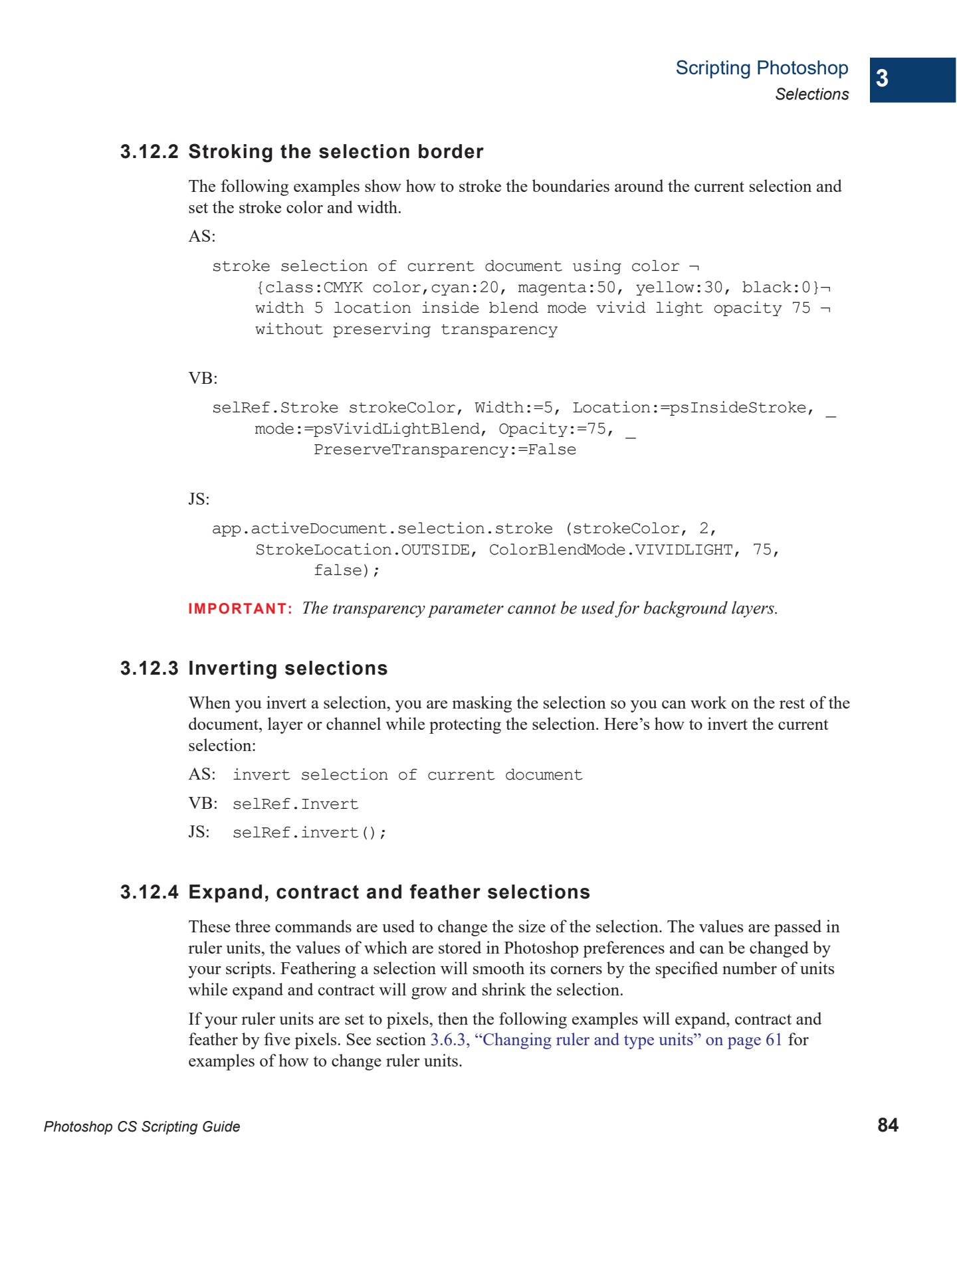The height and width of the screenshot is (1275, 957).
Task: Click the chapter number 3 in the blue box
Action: point(882,78)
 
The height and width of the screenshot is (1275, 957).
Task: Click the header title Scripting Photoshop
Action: point(762,68)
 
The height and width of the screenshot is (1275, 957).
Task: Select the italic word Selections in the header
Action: point(811,94)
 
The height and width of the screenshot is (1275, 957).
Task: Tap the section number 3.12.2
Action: point(150,152)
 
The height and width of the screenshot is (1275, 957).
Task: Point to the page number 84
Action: point(888,1125)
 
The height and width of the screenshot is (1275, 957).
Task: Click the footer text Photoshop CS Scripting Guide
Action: point(142,1126)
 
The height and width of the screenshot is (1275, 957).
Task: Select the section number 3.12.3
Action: point(150,669)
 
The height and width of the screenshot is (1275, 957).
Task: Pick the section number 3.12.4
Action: point(150,892)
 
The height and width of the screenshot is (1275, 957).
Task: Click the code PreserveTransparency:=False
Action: point(445,450)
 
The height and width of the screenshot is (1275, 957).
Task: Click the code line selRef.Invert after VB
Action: point(295,804)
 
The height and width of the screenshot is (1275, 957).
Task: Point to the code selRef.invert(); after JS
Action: point(309,833)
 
